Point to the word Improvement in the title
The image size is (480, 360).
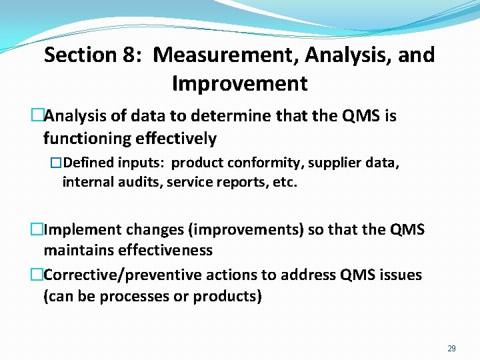tap(239, 84)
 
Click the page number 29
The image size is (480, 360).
tap(451, 348)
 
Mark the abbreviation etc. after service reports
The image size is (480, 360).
tap(283, 182)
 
